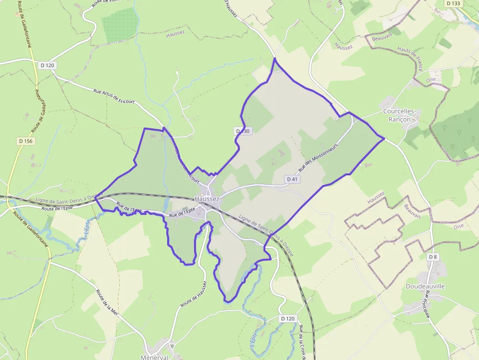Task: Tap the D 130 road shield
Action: coord(242,131)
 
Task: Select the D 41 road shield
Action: coord(292,179)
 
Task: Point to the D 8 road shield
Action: coord(432,257)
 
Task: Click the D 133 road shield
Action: coord(453,3)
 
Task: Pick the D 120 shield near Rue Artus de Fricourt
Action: coord(47,65)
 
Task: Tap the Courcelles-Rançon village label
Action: coord(399,115)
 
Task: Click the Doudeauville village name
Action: coord(425,286)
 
